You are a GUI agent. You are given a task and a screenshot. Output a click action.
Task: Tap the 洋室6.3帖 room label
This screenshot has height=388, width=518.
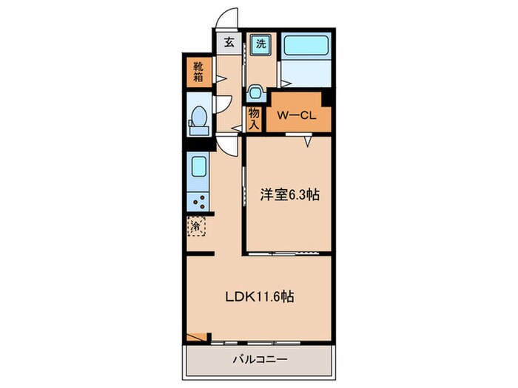[x=289, y=195]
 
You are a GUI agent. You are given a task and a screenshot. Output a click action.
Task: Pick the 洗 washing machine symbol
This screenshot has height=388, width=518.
[x=260, y=44]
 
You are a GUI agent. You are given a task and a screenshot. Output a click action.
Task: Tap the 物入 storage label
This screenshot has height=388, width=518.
[x=255, y=118]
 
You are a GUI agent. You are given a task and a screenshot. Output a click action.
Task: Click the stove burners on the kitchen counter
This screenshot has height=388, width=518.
[x=198, y=200]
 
